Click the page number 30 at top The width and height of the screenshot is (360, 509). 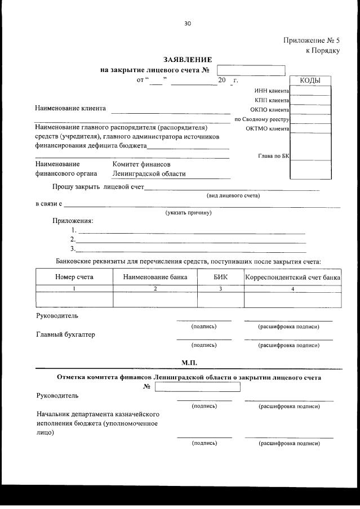pyautogui.click(x=188, y=23)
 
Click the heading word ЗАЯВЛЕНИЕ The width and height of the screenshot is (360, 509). pyautogui.click(x=188, y=59)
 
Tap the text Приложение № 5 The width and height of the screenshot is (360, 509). pyautogui.click(x=312, y=41)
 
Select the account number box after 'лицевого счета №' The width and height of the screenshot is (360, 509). pyautogui.click(x=251, y=70)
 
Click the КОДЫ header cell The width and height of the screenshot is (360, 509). pyautogui.click(x=310, y=81)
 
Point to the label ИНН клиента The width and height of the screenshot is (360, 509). pyautogui.click(x=272, y=91)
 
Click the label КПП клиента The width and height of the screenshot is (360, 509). pyautogui.click(x=272, y=100)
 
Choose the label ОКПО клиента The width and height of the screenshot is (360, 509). pyautogui.click(x=269, y=110)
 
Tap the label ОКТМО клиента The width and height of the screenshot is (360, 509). pyautogui.click(x=267, y=128)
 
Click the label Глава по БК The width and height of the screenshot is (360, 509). pyautogui.click(x=273, y=155)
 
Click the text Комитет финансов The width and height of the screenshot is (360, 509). pyautogui.click(x=141, y=164)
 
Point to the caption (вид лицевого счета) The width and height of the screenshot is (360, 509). pyautogui.click(x=233, y=195)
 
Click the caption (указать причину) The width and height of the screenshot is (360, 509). pyautogui.click(x=188, y=213)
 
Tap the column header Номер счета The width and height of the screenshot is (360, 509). pyautogui.click(x=74, y=277)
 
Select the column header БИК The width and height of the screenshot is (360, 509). pyautogui.click(x=220, y=277)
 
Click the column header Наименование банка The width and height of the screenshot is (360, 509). pyautogui.click(x=155, y=277)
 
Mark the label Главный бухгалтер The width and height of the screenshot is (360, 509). pyautogui.click(x=65, y=334)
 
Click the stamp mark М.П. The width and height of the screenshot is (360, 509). pyautogui.click(x=189, y=361)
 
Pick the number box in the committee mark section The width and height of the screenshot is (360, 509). pyautogui.click(x=197, y=387)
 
